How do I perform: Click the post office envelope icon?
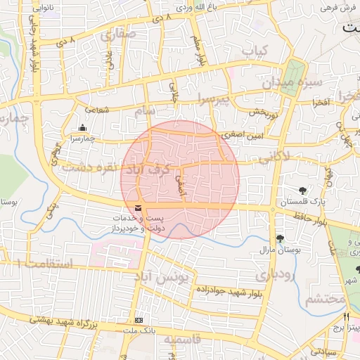[137, 207]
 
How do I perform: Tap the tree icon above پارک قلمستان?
[303, 190]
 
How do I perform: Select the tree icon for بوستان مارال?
[280, 239]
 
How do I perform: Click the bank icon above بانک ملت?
[139, 320]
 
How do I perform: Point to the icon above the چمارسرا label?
[83, 128]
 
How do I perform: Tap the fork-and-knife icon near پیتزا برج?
[346, 316]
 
